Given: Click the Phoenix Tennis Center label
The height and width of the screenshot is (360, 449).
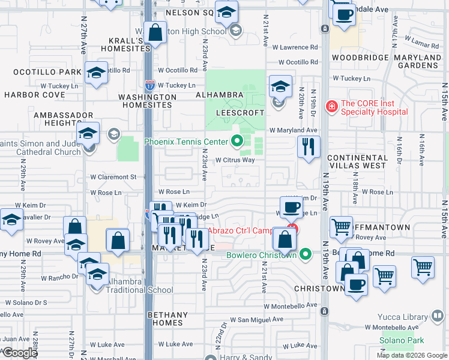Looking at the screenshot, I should (x=186, y=142).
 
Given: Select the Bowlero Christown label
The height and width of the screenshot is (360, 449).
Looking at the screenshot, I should (x=261, y=255).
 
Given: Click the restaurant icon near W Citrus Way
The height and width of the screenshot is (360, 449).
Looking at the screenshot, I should (x=309, y=146).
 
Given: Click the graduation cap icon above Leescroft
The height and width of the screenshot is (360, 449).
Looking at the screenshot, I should (x=280, y=86).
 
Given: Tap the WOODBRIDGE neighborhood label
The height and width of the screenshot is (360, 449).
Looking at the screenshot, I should (x=357, y=58).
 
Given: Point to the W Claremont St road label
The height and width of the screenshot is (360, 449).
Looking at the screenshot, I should (x=113, y=177).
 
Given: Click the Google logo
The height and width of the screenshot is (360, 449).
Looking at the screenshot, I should (x=20, y=353).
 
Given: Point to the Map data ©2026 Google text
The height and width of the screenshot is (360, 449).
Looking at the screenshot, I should (x=411, y=355).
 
